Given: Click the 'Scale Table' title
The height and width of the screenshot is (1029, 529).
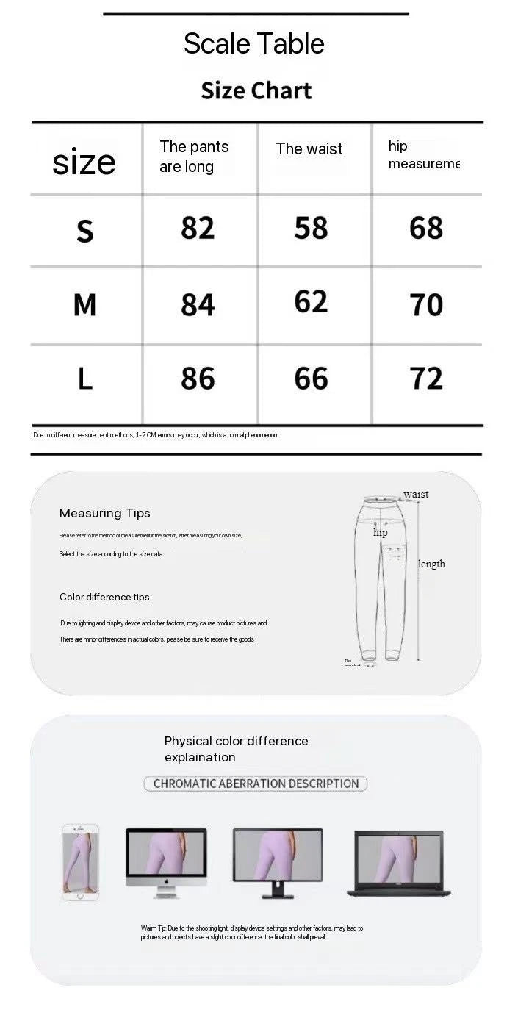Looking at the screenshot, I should tap(253, 44).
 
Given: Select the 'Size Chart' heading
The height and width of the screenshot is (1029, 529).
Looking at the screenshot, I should tap(256, 90).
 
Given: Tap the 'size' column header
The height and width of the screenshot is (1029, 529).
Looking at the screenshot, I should tap(84, 162).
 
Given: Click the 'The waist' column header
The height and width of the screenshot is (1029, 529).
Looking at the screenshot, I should tap(309, 149).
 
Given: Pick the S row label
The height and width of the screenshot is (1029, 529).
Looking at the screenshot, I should tap(85, 231).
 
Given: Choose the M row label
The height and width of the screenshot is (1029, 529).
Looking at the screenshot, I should tap(85, 304).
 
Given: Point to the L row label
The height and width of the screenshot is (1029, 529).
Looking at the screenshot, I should tap(85, 379).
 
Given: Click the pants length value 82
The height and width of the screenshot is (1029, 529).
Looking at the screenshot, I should tap(198, 229).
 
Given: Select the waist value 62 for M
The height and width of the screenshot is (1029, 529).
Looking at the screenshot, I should tap(311, 302).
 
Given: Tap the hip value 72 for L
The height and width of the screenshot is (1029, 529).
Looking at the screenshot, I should tap(426, 379).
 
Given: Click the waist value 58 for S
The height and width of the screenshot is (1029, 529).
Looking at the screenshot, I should tap(311, 229).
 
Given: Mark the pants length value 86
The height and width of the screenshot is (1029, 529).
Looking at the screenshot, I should tap(198, 379).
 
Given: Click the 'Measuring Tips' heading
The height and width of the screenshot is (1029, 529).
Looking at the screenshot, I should tap(104, 513).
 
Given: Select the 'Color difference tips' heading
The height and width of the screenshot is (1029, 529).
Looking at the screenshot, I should tap(104, 597).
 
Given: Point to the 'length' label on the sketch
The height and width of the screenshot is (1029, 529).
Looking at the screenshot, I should tap(432, 564).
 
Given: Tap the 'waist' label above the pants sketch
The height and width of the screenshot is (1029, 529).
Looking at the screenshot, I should tap(416, 494).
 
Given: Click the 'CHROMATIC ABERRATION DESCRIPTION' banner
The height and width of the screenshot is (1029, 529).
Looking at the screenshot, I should tap(256, 784).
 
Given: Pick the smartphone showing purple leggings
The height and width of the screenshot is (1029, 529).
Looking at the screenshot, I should tap(80, 861).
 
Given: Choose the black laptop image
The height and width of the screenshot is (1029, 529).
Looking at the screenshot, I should tap(398, 863).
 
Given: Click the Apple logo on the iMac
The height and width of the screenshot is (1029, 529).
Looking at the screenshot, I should tap(166, 881).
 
